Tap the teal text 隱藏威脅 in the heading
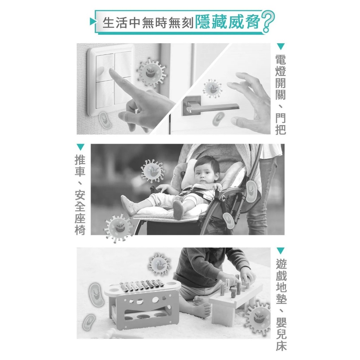coord(227,22)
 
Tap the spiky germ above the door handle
coord(212,88)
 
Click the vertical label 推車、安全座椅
coord(80,195)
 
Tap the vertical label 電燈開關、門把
coord(281,94)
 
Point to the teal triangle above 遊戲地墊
coord(281,251)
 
